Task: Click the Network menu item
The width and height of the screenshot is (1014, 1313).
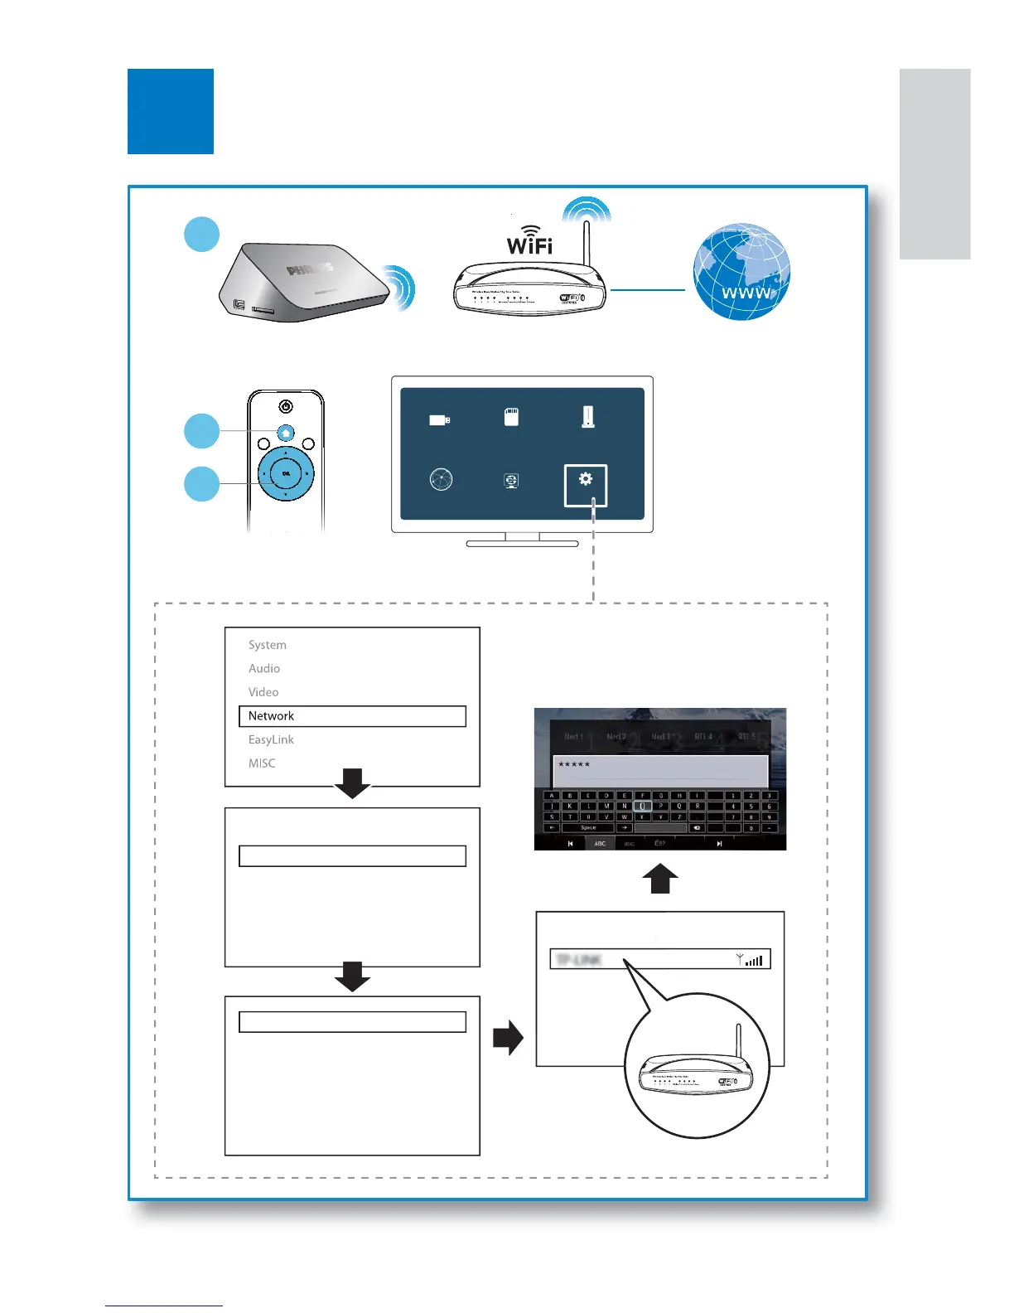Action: click(x=271, y=716)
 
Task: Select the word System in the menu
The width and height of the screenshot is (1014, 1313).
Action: click(x=267, y=645)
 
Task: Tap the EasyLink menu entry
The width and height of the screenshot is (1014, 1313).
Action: click(x=271, y=739)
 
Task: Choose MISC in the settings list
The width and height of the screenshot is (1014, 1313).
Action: click(x=262, y=763)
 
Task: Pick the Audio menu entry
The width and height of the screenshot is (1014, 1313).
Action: click(x=264, y=668)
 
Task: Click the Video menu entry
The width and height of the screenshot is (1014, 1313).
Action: click(x=263, y=692)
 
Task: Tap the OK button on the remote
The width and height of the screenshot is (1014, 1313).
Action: click(x=286, y=473)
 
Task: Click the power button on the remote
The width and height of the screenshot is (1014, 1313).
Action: click(x=286, y=406)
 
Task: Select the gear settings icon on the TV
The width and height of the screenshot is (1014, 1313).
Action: click(x=586, y=480)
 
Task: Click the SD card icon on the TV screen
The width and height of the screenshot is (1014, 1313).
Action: click(x=512, y=416)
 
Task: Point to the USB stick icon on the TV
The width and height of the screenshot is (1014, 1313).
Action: click(x=439, y=420)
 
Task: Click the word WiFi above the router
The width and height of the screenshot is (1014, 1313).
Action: click(x=529, y=245)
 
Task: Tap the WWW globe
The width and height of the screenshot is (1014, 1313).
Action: click(x=741, y=272)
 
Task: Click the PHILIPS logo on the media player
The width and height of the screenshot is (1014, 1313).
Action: click(x=310, y=269)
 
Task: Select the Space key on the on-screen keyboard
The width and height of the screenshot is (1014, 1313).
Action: click(x=588, y=827)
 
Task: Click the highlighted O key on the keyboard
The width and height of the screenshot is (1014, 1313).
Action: click(x=642, y=806)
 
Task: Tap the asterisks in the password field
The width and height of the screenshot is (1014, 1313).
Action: click(x=574, y=764)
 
